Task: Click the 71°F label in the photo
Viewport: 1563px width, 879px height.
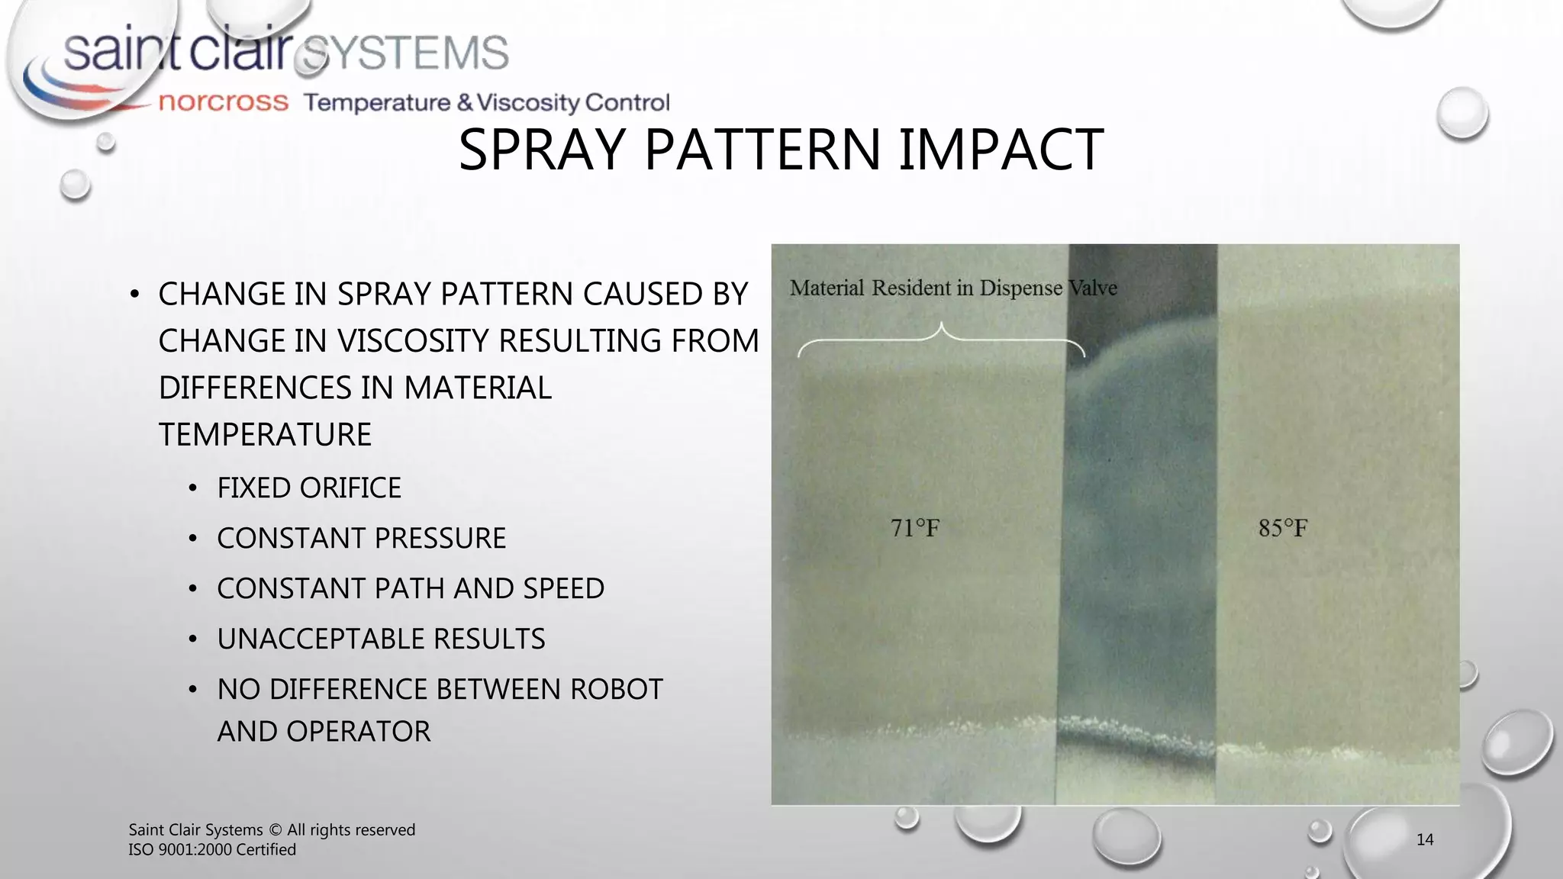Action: click(x=914, y=527)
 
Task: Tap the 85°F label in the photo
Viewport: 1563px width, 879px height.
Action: click(x=1282, y=527)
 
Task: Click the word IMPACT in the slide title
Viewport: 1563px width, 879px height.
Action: click(x=1001, y=150)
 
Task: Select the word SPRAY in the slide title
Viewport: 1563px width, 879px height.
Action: click(x=543, y=150)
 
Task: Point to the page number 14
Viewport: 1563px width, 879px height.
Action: click(x=1424, y=839)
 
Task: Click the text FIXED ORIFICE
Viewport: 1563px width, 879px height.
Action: click(x=309, y=488)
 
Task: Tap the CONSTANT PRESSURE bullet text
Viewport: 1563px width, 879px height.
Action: click(x=361, y=538)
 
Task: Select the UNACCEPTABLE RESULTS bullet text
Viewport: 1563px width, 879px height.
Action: click(x=381, y=639)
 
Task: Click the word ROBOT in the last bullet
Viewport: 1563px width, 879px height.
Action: click(x=616, y=689)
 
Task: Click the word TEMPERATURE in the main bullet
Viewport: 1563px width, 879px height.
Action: click(x=265, y=434)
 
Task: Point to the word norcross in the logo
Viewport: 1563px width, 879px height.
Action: click(x=223, y=101)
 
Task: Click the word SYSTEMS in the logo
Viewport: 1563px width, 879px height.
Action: click(x=405, y=53)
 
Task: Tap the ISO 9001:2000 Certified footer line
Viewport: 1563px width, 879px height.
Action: click(x=212, y=849)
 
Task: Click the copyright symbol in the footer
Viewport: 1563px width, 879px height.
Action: click(x=276, y=830)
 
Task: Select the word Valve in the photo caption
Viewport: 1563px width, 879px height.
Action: click(x=1093, y=288)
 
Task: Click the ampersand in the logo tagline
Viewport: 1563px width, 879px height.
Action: click(x=464, y=102)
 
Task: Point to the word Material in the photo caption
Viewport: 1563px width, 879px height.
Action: click(x=827, y=288)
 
